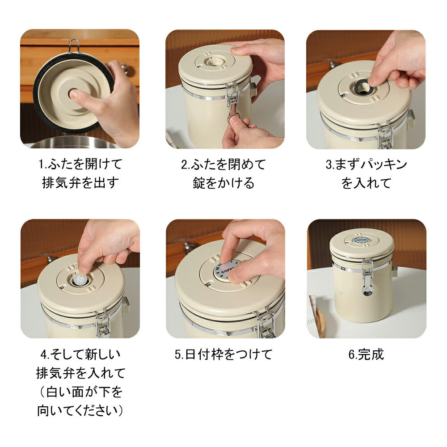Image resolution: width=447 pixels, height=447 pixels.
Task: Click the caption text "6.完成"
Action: click(x=366, y=354)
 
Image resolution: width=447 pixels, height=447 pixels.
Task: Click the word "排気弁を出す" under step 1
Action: click(x=80, y=182)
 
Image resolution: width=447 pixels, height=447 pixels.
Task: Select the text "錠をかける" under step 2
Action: click(x=223, y=183)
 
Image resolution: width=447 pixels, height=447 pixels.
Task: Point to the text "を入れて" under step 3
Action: click(x=366, y=183)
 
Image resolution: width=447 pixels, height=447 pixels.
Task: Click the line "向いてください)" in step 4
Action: click(x=80, y=410)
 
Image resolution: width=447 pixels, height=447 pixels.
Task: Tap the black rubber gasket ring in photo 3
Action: click(x=363, y=87)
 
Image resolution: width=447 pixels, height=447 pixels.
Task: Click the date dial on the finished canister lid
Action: click(x=362, y=240)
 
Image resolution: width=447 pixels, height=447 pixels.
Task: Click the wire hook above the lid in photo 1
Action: click(x=74, y=46)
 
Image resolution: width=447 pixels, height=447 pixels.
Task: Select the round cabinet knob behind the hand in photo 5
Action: click(x=188, y=248)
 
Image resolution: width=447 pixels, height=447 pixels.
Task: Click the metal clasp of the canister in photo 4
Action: click(x=103, y=324)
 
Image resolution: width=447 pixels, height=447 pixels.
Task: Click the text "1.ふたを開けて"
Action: click(x=80, y=164)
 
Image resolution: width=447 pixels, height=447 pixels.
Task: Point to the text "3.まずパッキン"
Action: click(x=366, y=164)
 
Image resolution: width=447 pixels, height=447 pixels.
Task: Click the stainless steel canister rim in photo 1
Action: click(x=75, y=142)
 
